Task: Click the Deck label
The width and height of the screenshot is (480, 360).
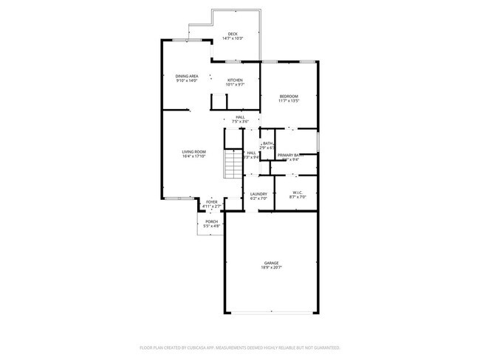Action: (x=233, y=33)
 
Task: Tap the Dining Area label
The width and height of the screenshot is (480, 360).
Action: (x=186, y=76)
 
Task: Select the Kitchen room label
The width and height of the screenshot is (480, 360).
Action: (x=235, y=80)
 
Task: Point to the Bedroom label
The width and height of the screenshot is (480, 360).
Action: (x=288, y=97)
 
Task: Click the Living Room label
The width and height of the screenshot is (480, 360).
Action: (x=193, y=152)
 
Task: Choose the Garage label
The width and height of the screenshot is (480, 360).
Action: (x=271, y=263)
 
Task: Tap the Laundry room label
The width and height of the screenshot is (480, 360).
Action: (x=258, y=194)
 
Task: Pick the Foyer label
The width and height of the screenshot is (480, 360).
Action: (x=211, y=201)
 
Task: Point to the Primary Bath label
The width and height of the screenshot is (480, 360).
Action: (x=288, y=154)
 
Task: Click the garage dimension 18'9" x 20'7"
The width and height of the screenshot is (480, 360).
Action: (x=271, y=267)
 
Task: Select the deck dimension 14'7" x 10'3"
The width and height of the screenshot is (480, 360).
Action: (x=233, y=38)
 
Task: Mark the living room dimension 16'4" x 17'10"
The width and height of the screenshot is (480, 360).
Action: (x=193, y=156)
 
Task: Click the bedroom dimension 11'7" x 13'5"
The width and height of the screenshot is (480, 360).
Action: (x=288, y=101)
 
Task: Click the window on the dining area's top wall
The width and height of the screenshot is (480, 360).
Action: (x=182, y=40)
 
